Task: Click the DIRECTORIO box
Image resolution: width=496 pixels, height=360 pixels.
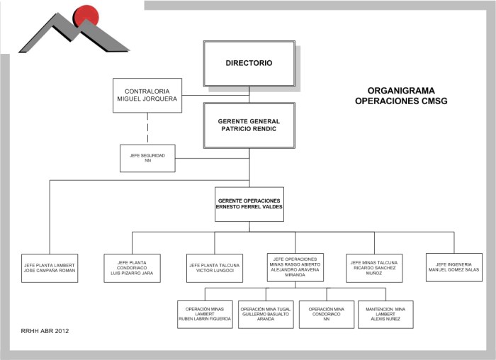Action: pyautogui.click(x=249, y=63)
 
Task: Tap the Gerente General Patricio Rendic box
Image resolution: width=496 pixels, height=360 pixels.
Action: pyautogui.click(x=249, y=125)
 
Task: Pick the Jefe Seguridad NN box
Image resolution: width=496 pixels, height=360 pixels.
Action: pyautogui.click(x=147, y=158)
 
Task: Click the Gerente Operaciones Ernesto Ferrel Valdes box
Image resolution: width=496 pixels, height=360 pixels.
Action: pyautogui.click(x=249, y=203)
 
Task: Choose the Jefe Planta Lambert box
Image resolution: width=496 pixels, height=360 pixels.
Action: pyautogui.click(x=49, y=267)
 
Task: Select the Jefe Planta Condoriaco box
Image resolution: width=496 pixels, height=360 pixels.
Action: pyautogui.click(x=131, y=267)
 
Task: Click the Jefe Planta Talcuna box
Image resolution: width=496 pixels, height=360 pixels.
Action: pyautogui.click(x=214, y=267)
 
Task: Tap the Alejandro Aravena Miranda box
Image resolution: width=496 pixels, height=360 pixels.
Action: pyautogui.click(x=296, y=267)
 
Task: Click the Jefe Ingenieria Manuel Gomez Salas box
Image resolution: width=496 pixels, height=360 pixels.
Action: pyautogui.click(x=454, y=267)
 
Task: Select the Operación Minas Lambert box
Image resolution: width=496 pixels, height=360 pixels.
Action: pyautogui.click(x=205, y=314)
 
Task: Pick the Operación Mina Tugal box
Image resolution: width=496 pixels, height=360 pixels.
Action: pyautogui.click(x=266, y=314)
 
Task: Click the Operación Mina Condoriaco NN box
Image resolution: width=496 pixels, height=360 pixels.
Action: pyautogui.click(x=326, y=314)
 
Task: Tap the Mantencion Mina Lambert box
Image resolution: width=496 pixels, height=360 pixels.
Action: pyautogui.click(x=385, y=314)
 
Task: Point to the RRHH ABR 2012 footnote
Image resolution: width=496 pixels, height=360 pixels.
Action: pyautogui.click(x=45, y=330)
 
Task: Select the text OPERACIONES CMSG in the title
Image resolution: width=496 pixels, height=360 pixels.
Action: pyautogui.click(x=401, y=101)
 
